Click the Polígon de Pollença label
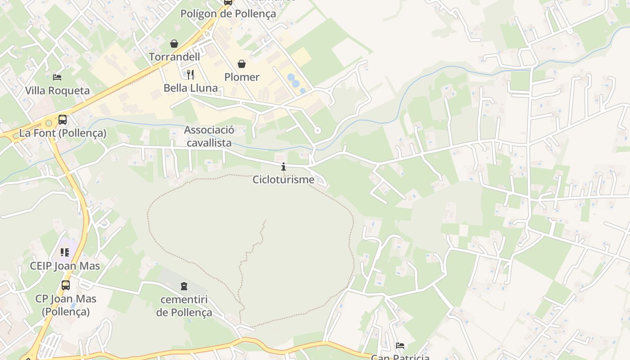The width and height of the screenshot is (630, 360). coord(228,13)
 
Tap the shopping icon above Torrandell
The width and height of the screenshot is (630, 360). coord(174,44)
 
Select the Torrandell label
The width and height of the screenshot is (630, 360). coord(174,57)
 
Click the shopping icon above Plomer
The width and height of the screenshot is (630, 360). coord(242,64)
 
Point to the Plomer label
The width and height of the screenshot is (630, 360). coord(242,77)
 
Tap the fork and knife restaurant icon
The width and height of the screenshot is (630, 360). coord(190,74)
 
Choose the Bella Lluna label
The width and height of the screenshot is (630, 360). coord(190,88)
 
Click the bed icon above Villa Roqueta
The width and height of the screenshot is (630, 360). coord(57,77)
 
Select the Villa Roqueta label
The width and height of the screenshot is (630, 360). coord(57,90)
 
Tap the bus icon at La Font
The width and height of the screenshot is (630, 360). coord(63,120)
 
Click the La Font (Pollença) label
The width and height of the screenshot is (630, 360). coord(63,133)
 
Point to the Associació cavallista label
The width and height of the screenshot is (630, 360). coord(209,136)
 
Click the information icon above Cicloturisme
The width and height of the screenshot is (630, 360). coord(283,167)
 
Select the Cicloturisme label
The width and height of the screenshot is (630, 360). coord(283,180)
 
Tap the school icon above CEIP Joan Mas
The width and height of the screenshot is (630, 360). coord(65,252)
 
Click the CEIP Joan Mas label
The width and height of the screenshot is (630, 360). coord(65,266)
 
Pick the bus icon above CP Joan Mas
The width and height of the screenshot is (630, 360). coord(66,285)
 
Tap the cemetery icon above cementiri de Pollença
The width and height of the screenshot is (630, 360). coord(184,286)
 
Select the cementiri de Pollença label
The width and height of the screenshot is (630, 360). coord(184,306)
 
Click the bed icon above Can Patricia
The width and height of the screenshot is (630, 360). coord(400,346)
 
